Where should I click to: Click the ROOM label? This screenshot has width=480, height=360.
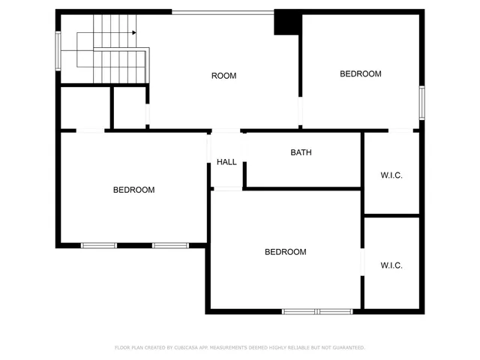(x=223, y=76)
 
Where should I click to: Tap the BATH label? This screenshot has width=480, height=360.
(x=301, y=152)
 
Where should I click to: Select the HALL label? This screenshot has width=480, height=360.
(x=226, y=162)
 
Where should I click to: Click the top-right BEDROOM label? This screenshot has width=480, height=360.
(x=361, y=73)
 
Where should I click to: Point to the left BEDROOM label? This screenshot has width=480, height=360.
(x=133, y=190)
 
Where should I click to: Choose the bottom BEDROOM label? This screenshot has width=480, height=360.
(x=286, y=252)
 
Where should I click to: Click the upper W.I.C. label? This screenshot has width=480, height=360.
(x=391, y=175)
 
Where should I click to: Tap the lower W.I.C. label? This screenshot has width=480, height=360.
(x=391, y=265)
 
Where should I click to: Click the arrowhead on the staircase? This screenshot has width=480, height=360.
(x=133, y=33)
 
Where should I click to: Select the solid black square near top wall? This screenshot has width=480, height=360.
(x=286, y=23)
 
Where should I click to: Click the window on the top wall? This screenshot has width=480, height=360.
(x=223, y=12)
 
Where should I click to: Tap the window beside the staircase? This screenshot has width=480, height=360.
(x=58, y=50)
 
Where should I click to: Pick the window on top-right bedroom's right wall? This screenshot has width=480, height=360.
(x=422, y=103)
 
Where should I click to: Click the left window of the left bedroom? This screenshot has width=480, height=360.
(x=99, y=245)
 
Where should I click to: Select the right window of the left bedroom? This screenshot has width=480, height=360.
(x=170, y=245)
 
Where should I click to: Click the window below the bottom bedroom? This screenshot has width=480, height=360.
(x=317, y=311)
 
